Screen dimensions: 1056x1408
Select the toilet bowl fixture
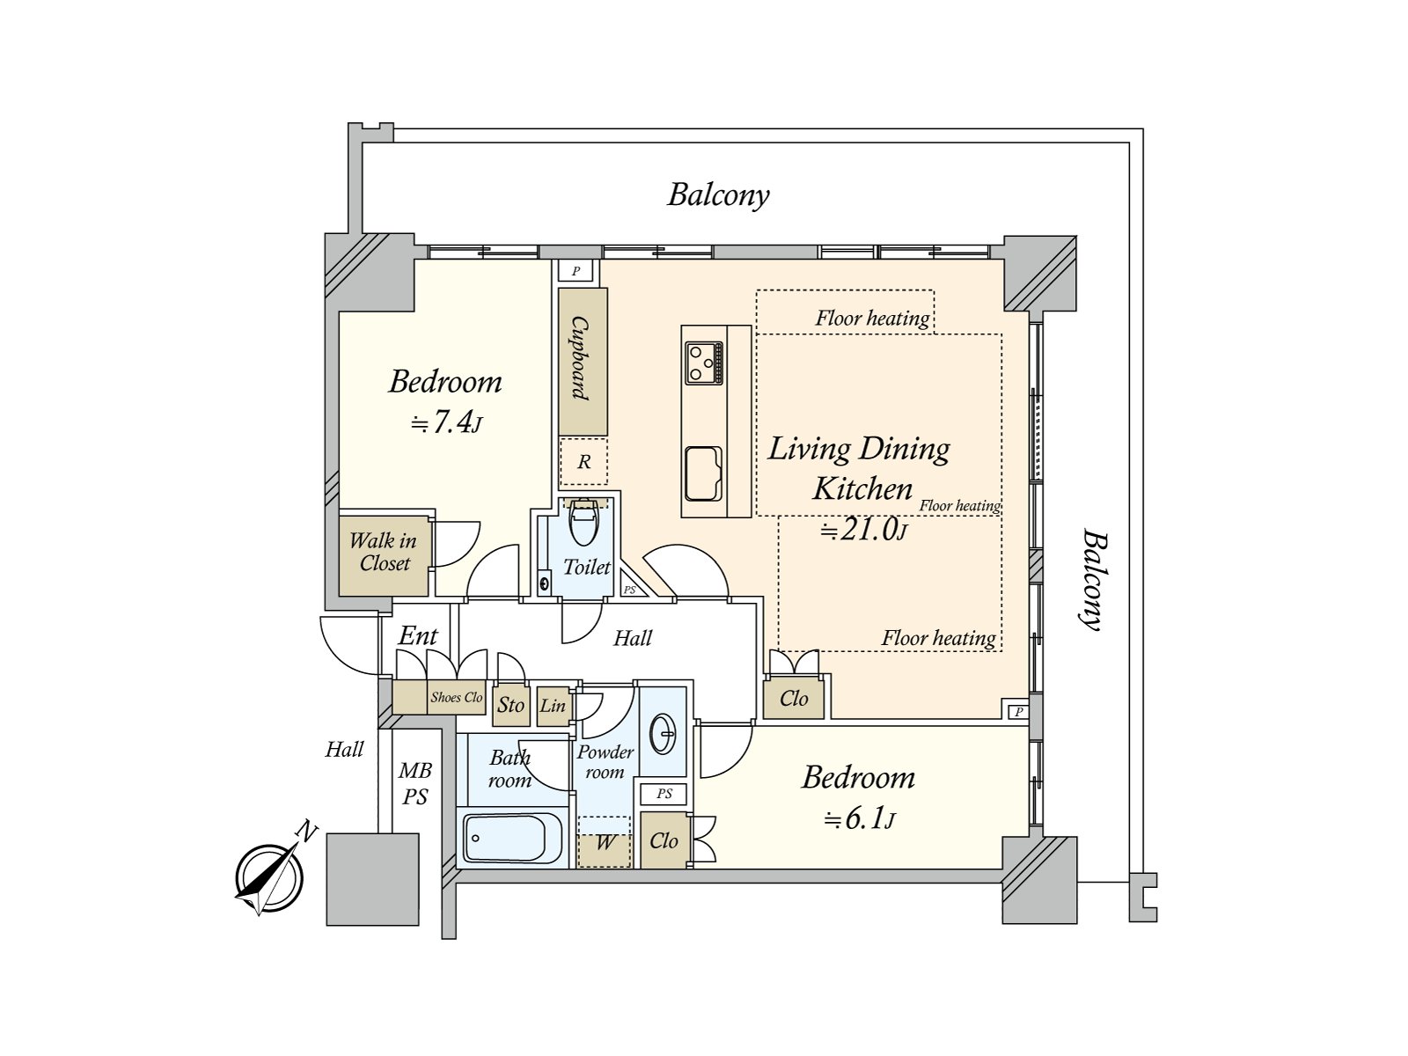click(x=583, y=524)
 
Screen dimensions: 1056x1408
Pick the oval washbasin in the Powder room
click(x=663, y=733)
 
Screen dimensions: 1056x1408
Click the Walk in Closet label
click(x=384, y=553)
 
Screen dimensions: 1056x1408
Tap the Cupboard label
click(x=582, y=359)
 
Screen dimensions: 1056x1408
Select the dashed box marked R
click(x=583, y=461)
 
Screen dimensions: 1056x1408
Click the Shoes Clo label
click(x=457, y=697)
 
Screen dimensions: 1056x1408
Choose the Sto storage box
click(x=510, y=705)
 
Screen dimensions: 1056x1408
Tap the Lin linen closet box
click(x=553, y=706)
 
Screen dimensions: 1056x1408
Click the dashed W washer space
click(x=605, y=842)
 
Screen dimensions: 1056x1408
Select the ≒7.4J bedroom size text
click(x=447, y=423)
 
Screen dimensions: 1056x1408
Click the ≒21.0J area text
click(x=863, y=530)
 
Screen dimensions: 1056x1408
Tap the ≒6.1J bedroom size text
click(x=860, y=819)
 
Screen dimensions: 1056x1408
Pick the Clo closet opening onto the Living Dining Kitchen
click(x=794, y=698)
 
